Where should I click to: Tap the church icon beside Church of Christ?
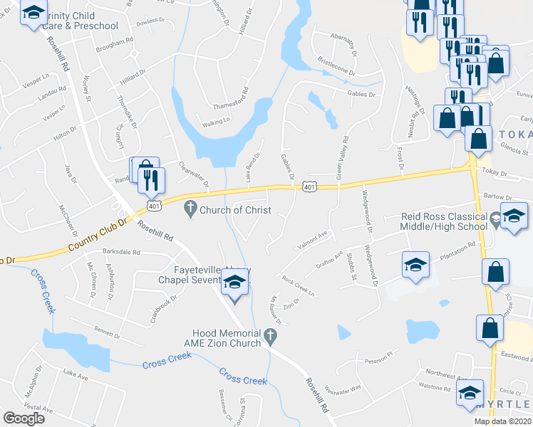tap(190, 209)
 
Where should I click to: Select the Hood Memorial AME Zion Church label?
tap(228, 338)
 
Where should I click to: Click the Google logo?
tap(24, 418)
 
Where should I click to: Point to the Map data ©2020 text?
tap(502, 421)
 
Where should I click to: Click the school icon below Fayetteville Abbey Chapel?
tap(234, 286)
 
